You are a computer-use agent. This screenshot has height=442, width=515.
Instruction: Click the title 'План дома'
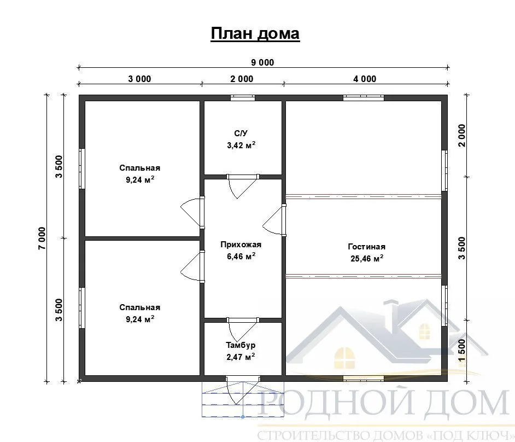pyautogui.click(x=255, y=33)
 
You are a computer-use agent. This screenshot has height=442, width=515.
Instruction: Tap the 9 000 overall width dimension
pyautogui.click(x=262, y=62)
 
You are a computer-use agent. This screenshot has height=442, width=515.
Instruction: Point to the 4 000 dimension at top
pyautogui.click(x=365, y=79)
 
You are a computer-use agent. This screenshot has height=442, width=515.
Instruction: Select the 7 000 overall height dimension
pyautogui.click(x=42, y=239)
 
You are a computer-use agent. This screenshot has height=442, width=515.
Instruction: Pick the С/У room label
pyautogui.click(x=241, y=133)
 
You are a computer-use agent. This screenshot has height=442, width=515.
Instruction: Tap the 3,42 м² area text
pyautogui.click(x=241, y=146)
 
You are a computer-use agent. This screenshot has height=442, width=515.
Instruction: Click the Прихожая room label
pyautogui.click(x=241, y=245)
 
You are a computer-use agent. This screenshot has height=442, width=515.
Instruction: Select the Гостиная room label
pyautogui.click(x=366, y=247)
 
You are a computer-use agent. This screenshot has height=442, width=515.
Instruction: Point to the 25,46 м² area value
pyautogui.click(x=367, y=259)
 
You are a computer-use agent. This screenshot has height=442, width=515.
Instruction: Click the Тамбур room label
pyautogui.click(x=241, y=345)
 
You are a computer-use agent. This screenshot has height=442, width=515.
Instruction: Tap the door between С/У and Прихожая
pyautogui.click(x=243, y=186)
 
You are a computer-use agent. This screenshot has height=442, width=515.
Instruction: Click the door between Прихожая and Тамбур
pyautogui.click(x=243, y=330)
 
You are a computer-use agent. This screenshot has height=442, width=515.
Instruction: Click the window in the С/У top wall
pyautogui.click(x=242, y=97)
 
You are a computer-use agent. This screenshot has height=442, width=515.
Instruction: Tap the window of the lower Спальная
pyautogui.click(x=82, y=307)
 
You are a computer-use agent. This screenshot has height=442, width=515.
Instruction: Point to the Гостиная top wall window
pyautogui.click(x=363, y=97)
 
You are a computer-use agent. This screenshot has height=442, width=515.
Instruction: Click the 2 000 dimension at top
pyautogui.click(x=242, y=79)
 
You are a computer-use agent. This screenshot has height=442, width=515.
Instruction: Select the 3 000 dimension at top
pyautogui.click(x=139, y=79)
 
